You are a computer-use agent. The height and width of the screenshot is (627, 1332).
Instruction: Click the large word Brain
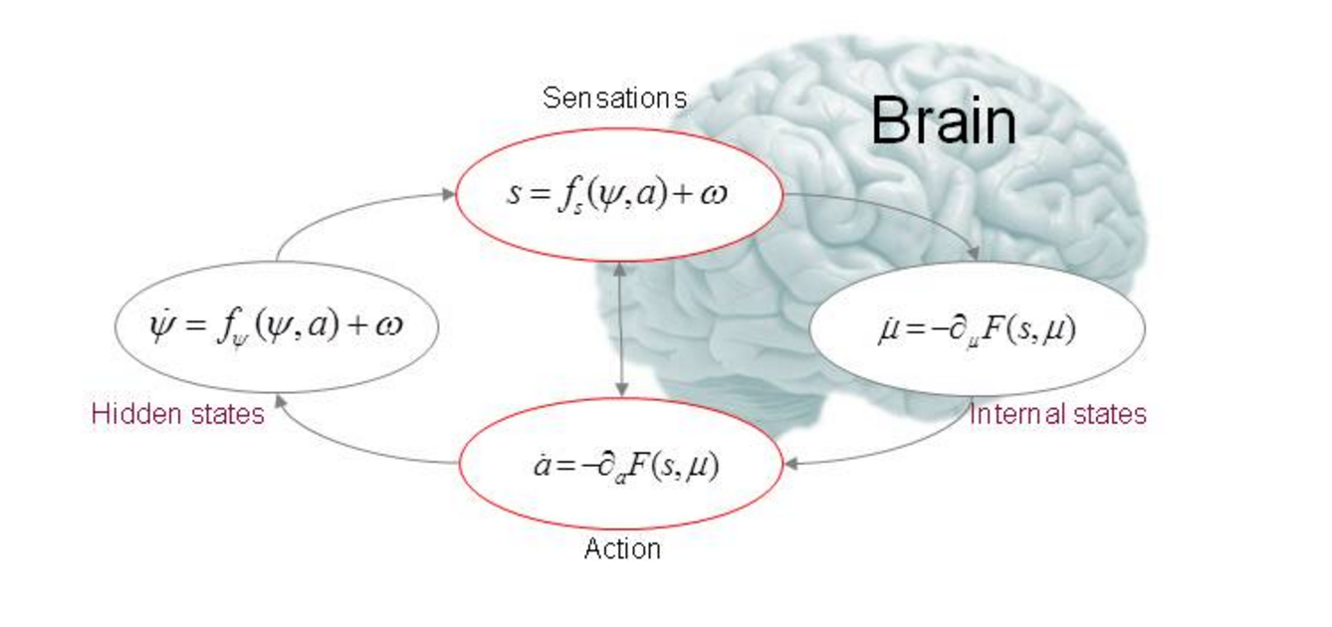click(x=943, y=121)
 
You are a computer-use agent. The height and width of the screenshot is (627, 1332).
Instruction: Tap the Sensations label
click(x=614, y=99)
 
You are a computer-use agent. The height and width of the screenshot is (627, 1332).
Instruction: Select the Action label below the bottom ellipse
click(x=622, y=548)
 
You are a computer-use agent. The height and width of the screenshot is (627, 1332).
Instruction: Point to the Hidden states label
click(x=178, y=414)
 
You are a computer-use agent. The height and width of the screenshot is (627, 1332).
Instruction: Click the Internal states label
click(x=1058, y=414)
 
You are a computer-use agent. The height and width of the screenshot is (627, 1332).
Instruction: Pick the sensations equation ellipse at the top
click(x=619, y=159)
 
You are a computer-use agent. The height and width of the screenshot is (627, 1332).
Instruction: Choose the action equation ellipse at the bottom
click(x=619, y=498)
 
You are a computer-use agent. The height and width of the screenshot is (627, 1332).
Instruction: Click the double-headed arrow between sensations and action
click(x=621, y=328)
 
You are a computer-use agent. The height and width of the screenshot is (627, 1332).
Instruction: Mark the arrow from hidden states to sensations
click(x=348, y=211)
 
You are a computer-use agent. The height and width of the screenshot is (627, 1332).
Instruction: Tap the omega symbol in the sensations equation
click(x=714, y=193)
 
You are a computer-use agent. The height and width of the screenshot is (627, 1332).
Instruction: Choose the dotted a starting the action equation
click(x=542, y=466)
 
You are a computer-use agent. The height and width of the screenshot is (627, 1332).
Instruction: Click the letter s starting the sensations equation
click(x=514, y=193)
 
